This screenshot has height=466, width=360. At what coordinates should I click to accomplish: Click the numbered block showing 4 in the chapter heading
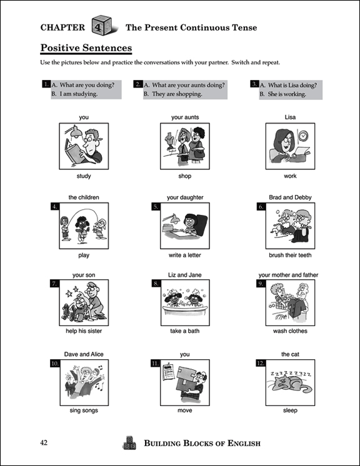(x=102, y=26)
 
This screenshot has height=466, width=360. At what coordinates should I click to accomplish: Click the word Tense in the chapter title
(x=244, y=27)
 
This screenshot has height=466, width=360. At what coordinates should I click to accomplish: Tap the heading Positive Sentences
(x=86, y=48)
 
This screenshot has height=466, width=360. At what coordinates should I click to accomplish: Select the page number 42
(x=44, y=443)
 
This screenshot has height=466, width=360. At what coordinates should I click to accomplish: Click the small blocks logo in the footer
(x=129, y=443)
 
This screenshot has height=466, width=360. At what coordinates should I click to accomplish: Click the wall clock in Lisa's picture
(x=303, y=136)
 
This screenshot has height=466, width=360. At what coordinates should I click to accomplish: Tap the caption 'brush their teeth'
(x=290, y=255)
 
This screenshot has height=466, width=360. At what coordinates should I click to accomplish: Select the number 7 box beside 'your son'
(x=54, y=284)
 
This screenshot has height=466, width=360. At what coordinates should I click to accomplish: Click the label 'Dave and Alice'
(x=84, y=354)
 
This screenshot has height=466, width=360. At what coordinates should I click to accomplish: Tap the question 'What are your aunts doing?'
(x=189, y=85)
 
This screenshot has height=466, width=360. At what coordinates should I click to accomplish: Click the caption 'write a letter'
(x=185, y=255)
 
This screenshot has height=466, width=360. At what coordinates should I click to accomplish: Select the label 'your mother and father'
(x=288, y=275)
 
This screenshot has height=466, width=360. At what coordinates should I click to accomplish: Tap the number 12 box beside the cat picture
(x=261, y=363)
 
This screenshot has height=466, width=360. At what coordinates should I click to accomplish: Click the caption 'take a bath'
(x=185, y=331)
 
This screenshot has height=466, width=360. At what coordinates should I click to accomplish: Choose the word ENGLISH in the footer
(x=244, y=444)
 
